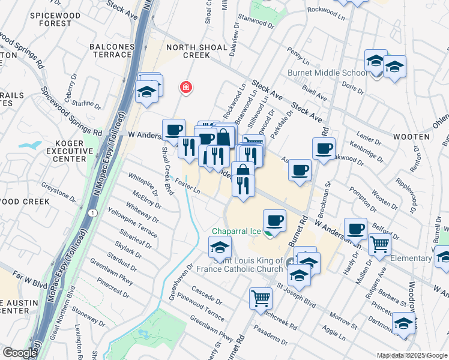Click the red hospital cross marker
coord(186,88)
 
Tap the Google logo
coord(20,353)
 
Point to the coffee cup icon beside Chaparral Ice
coord(274,221)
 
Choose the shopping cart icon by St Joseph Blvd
coord(261,298)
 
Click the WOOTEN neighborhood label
coord(411,137)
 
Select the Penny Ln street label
coord(298,57)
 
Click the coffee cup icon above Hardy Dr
coord(355,229)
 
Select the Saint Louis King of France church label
coord(247,265)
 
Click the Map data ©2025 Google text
coord(412,355)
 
